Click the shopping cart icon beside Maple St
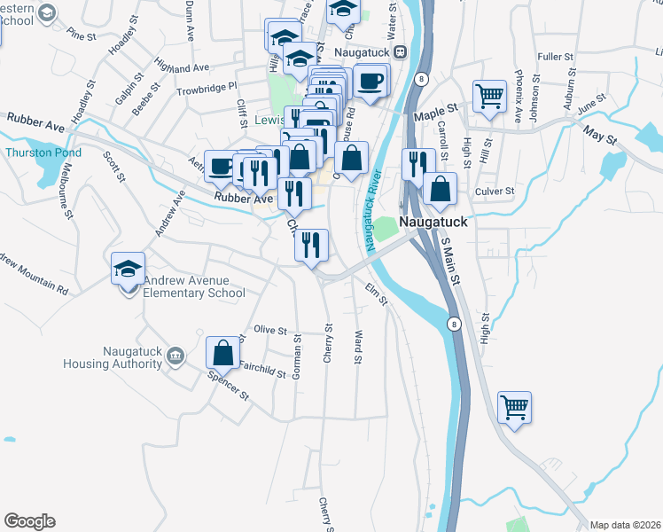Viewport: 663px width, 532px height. tap(489, 96)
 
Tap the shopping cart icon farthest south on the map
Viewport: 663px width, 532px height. tap(514, 408)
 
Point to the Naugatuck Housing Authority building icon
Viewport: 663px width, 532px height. tap(175, 356)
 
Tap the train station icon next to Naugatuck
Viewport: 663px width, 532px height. tap(400, 52)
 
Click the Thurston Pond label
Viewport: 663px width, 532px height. tap(43, 153)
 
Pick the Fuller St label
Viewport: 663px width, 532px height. tap(556, 57)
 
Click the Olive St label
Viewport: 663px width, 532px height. tap(270, 330)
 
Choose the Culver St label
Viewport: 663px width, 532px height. tap(495, 191)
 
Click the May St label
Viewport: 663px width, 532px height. tap(598, 134)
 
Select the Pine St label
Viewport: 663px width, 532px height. tap(80, 36)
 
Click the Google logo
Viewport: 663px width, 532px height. tap(29, 521)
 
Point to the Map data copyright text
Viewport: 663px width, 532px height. tap(625, 525)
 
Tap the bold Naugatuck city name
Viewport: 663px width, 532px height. tap(432, 222)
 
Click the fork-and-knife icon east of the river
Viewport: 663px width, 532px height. tap(417, 164)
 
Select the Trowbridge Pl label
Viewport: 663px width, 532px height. tap(207, 88)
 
